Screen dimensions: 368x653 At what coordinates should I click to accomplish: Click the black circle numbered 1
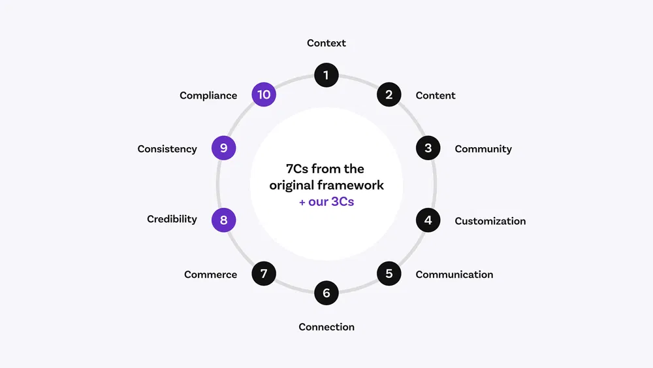(x=326, y=75)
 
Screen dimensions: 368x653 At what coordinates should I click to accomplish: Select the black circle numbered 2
(x=389, y=95)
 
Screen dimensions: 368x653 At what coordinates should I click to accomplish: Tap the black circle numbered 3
(x=428, y=148)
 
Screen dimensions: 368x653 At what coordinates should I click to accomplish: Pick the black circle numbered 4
(x=428, y=220)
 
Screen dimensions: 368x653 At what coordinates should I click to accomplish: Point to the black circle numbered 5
(x=389, y=273)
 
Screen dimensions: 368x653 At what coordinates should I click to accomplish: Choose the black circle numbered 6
(x=326, y=293)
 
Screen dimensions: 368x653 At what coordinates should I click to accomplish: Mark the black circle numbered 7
(x=264, y=273)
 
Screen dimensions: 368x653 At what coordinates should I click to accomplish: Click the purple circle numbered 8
(x=223, y=220)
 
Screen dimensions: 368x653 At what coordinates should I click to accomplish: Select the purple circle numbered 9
(x=223, y=148)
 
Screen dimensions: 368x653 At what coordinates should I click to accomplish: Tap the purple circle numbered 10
(x=264, y=95)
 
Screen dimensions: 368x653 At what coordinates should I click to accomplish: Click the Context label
(x=326, y=43)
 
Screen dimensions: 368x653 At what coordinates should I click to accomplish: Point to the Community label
(x=483, y=149)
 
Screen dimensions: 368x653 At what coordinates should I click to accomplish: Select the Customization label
(x=490, y=221)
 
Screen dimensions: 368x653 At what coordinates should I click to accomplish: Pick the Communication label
(x=454, y=275)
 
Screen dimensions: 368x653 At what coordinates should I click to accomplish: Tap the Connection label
(x=326, y=327)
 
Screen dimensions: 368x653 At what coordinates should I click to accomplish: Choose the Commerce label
(x=210, y=275)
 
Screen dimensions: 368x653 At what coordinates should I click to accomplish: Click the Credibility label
(x=172, y=219)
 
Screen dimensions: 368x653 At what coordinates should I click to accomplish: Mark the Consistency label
(x=167, y=149)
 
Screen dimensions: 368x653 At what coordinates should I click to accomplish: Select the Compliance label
(x=208, y=95)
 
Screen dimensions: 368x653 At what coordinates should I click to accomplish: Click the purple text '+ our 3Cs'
(x=326, y=201)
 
